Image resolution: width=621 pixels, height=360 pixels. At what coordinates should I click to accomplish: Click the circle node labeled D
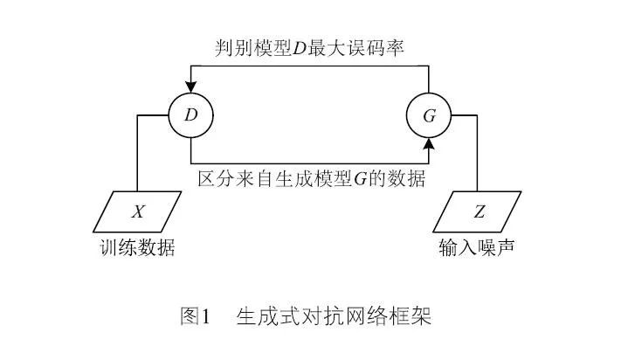point(191,115)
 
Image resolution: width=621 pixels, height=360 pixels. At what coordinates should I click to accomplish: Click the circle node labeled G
point(430,115)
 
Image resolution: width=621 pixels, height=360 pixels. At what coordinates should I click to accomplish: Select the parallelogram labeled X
point(138,212)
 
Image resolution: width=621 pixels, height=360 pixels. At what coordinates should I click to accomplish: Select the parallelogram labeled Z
point(478,212)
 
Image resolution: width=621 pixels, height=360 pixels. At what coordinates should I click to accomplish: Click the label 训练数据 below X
point(138,249)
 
